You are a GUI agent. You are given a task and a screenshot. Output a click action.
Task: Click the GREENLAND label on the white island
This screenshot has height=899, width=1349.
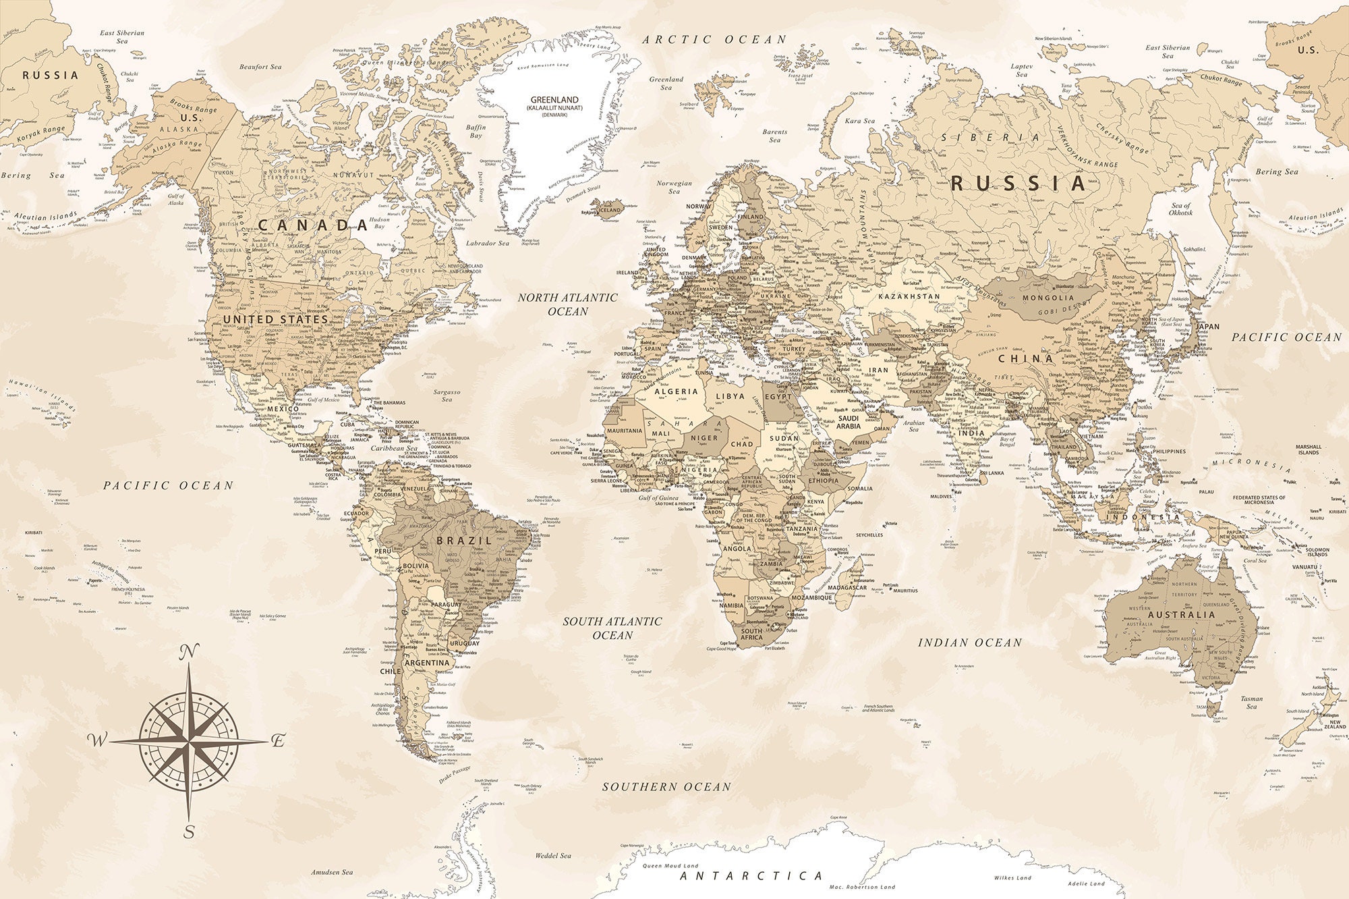click(x=554, y=100)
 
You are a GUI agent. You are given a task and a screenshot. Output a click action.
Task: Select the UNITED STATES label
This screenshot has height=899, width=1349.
click(x=275, y=319)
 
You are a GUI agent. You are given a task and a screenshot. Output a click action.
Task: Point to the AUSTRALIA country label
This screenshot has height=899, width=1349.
click(x=1181, y=615)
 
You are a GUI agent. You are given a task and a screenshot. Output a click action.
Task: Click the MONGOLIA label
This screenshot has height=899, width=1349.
click(x=1048, y=298)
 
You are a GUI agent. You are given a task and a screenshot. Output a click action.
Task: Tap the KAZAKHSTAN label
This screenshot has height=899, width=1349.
click(x=909, y=296)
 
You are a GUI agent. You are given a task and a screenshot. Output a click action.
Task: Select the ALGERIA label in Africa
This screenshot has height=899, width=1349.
click(x=677, y=391)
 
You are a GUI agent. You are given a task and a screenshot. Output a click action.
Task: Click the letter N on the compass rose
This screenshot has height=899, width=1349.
click(x=190, y=652)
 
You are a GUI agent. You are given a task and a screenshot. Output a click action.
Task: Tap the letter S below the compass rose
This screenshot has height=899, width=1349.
click(x=190, y=832)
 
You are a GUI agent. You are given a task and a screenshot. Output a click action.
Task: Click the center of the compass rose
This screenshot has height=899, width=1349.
click(x=190, y=741)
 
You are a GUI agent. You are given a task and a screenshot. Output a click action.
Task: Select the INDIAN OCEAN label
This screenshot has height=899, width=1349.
click(x=970, y=643)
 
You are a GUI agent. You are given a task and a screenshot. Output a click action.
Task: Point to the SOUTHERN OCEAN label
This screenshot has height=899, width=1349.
click(x=666, y=787)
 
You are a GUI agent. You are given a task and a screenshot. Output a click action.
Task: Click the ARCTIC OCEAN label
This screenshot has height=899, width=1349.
click(x=714, y=40)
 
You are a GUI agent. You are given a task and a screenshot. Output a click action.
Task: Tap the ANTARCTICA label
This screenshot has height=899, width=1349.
click(x=751, y=876)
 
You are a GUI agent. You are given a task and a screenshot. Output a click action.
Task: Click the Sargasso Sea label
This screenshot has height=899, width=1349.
click(x=447, y=396)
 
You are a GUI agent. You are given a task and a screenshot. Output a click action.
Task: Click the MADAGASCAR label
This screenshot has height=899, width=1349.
click(x=846, y=587)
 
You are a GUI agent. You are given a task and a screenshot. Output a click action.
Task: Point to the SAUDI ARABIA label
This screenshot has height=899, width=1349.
click(x=849, y=422)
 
